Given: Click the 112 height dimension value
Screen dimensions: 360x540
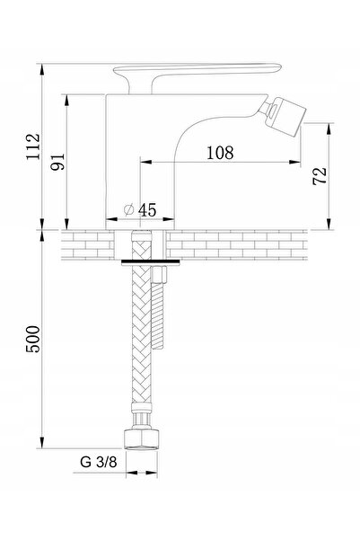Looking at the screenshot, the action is pyautogui.click(x=34, y=146).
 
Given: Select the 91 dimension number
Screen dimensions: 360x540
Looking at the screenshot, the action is pyautogui.click(x=57, y=162).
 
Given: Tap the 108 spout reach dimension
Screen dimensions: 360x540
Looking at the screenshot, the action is pyautogui.click(x=220, y=153).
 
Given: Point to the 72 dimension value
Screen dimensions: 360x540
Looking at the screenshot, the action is pyautogui.click(x=320, y=175).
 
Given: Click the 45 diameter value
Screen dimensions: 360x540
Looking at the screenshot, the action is pyautogui.click(x=147, y=209).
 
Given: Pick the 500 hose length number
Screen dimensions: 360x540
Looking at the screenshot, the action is pyautogui.click(x=33, y=339).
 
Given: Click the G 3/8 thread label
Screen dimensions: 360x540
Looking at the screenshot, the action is pyautogui.click(x=99, y=462).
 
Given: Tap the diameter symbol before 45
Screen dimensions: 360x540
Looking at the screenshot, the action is pyautogui.click(x=128, y=209).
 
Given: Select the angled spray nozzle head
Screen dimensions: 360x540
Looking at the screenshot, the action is pyautogui.click(x=285, y=115).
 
